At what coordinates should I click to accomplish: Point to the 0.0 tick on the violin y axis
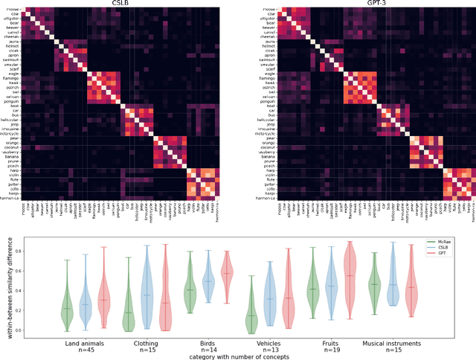tap(43, 330)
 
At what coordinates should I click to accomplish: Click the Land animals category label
tap(86, 343)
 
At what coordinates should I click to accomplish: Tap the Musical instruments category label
tap(392, 343)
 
